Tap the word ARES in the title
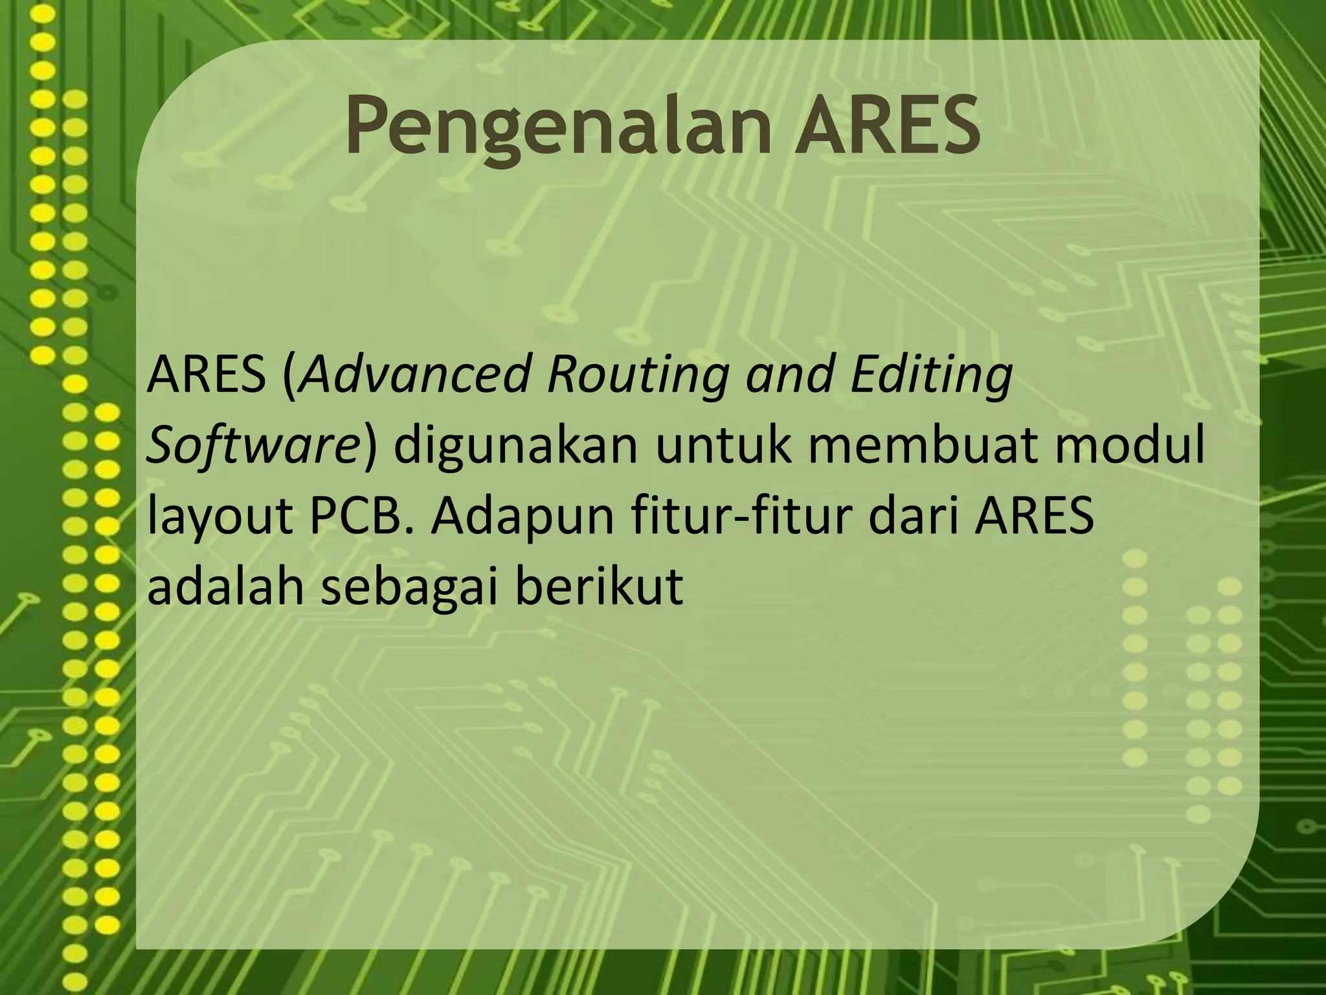(x=887, y=126)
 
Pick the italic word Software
(x=253, y=448)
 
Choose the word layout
(x=219, y=518)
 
